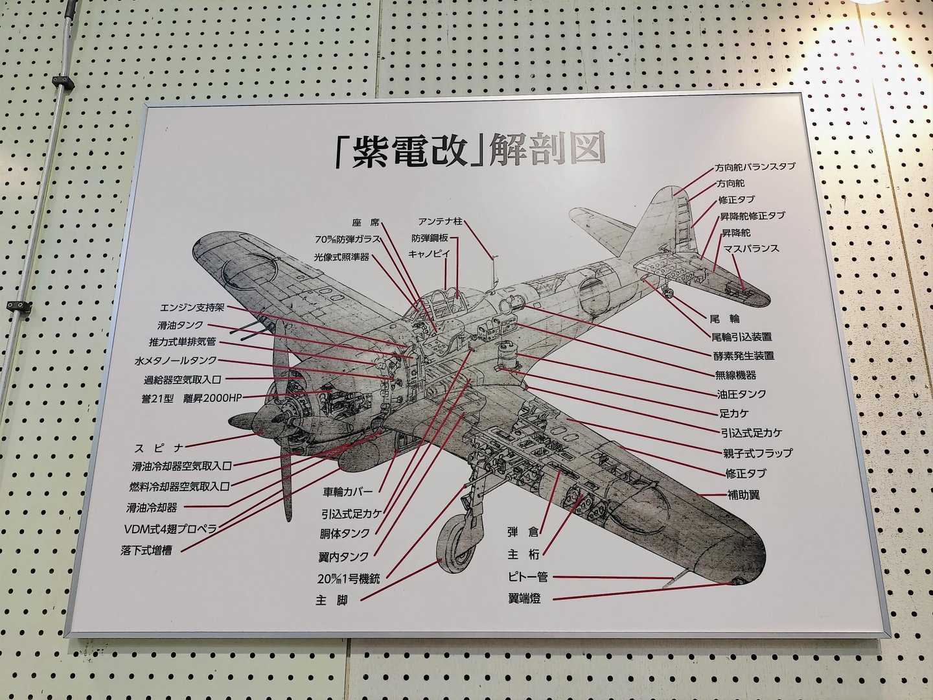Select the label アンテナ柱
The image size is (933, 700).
[x=440, y=222]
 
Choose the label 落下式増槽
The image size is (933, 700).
[x=146, y=552]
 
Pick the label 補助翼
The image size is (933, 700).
[x=743, y=495]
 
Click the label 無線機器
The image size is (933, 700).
[x=735, y=375]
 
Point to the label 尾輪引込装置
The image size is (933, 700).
[x=741, y=337]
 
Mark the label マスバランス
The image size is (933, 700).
[x=752, y=248]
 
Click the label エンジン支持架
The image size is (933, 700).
[x=192, y=307]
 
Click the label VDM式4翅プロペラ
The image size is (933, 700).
[x=170, y=528]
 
